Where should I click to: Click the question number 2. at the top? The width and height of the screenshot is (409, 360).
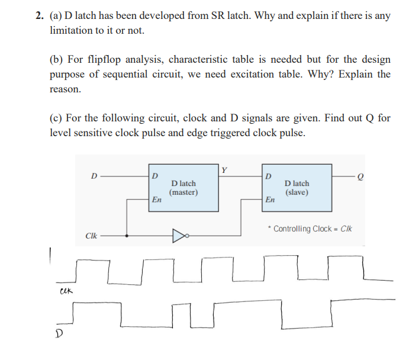pos(39,16)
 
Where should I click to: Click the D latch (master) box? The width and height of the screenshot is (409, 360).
pos(183,189)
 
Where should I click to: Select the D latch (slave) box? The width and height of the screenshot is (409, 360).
pos(297,189)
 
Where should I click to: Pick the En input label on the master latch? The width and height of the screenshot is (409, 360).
pos(157,200)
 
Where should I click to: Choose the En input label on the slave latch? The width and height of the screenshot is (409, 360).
pos(270,200)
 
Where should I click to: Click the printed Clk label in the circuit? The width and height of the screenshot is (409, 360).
pos(91,236)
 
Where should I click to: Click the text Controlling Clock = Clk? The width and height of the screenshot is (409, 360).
pos(311,229)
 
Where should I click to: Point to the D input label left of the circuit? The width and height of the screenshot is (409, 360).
pos(94,176)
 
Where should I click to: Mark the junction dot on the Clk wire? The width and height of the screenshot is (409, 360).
pos(127,235)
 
